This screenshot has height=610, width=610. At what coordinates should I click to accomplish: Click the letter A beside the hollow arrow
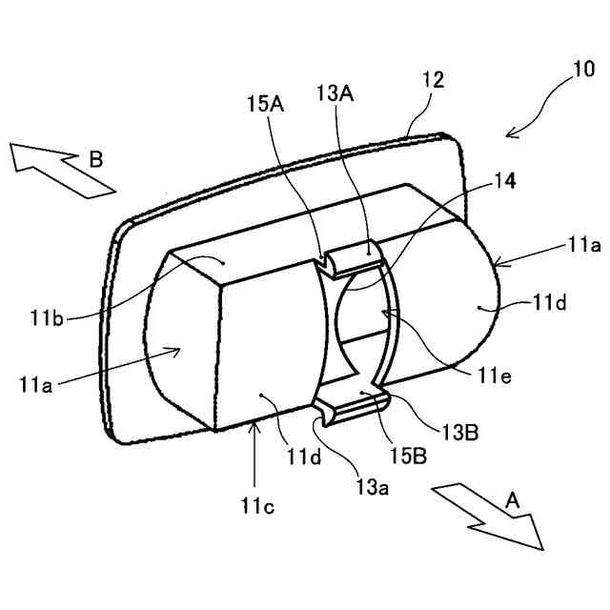tap(513, 498)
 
